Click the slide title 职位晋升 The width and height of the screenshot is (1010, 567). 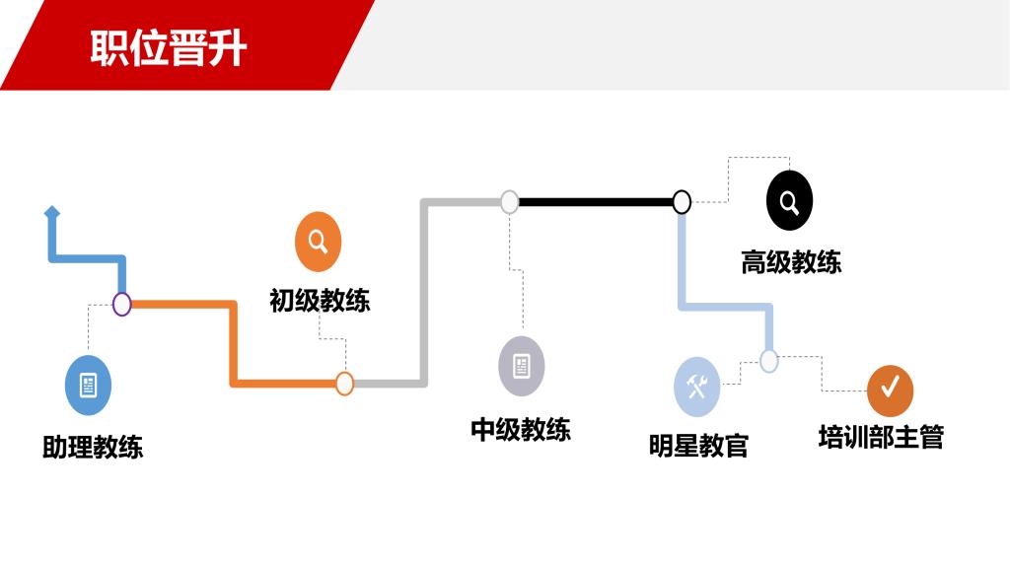click(x=169, y=47)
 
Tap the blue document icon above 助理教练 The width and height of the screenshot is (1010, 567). click(x=88, y=386)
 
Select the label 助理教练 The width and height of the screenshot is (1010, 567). click(x=93, y=447)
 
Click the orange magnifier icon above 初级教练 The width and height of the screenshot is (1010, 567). click(x=318, y=242)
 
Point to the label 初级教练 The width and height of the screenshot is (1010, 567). click(x=320, y=300)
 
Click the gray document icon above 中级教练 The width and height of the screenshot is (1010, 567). click(x=521, y=366)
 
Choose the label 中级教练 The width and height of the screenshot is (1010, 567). click(x=520, y=429)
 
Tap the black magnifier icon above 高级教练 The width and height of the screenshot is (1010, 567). click(x=789, y=201)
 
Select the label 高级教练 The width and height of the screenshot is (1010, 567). click(x=790, y=262)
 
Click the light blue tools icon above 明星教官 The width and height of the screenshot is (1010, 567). click(x=696, y=387)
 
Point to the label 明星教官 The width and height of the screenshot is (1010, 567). click(x=698, y=446)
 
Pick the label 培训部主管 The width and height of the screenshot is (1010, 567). click(x=881, y=436)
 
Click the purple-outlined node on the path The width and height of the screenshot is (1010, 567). click(x=121, y=304)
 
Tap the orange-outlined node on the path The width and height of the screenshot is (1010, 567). click(x=344, y=384)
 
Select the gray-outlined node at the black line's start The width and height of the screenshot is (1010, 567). click(x=509, y=202)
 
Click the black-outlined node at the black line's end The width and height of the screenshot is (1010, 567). click(x=682, y=202)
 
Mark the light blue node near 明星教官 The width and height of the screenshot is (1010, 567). click(x=769, y=361)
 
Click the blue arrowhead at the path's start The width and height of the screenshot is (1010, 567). click(x=52, y=212)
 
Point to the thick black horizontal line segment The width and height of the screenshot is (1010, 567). click(x=595, y=202)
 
